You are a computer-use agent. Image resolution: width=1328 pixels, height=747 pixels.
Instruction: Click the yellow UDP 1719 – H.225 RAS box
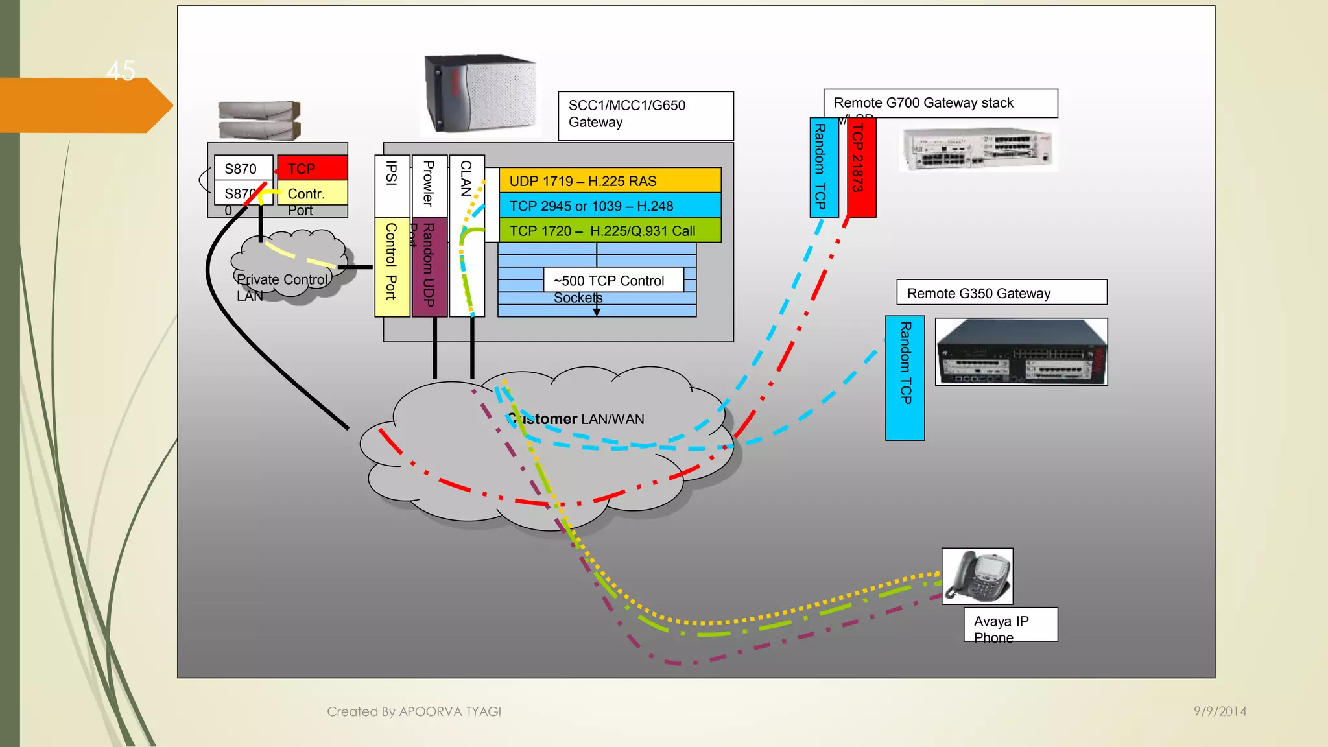pos(610,180)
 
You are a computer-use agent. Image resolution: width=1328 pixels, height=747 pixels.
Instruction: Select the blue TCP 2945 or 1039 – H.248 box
pos(610,206)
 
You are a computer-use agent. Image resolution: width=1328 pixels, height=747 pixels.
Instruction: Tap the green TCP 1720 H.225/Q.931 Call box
pos(610,230)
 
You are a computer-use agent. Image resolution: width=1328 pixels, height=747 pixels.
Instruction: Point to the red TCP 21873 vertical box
pos(862,167)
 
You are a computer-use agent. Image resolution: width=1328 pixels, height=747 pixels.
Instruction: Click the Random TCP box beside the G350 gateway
pos(905,378)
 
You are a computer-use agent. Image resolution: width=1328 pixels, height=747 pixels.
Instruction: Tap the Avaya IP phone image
pos(977,576)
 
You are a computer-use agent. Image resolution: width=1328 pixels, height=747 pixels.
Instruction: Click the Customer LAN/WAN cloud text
pos(577,419)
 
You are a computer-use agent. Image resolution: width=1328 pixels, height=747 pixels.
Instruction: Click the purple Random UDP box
pos(429,267)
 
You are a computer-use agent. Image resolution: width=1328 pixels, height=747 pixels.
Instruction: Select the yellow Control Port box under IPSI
pos(392,267)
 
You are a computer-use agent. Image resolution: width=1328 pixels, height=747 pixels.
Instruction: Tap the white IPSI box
pos(392,185)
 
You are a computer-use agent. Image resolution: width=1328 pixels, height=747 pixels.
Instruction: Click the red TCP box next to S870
pos(313,168)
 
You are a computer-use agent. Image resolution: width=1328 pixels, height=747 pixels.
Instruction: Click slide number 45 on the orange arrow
pos(121,71)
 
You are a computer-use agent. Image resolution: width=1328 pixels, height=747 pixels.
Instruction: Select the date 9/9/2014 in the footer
pos(1220,711)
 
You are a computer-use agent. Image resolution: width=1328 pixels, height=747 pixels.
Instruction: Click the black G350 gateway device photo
pos(1021,352)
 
